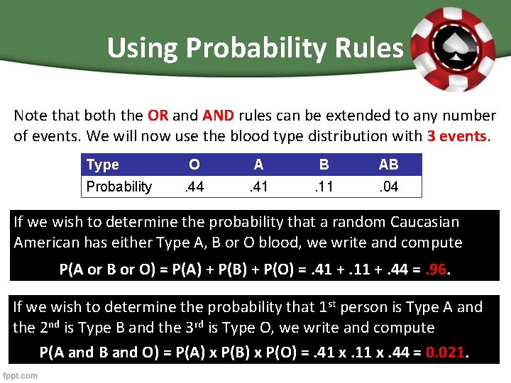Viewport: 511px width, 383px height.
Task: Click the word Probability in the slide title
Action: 233,48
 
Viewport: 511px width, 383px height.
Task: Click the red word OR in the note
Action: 157,116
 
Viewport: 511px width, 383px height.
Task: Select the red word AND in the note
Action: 218,116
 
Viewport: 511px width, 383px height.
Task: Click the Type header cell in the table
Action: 103,165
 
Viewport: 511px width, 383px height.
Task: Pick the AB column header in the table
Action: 388,165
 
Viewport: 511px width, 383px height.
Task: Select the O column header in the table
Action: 194,165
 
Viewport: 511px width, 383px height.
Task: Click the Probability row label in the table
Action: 119,187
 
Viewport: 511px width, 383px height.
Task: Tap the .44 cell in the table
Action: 194,187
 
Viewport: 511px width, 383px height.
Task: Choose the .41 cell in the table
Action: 258,187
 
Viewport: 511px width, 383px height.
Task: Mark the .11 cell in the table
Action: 324,187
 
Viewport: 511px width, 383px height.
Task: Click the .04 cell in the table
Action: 388,187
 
